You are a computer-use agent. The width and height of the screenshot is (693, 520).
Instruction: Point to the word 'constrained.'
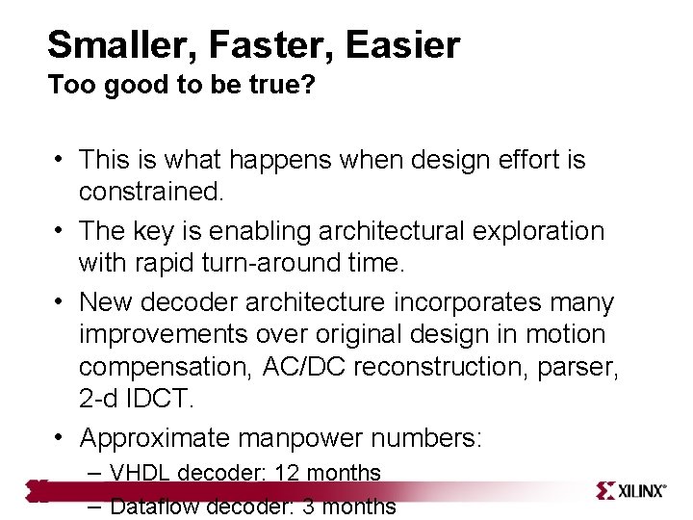pyautogui.click(x=151, y=192)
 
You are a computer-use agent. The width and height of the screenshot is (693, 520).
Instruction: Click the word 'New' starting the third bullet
pyautogui.click(x=107, y=302)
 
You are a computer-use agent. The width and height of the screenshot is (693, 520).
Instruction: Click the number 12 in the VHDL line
pyautogui.click(x=286, y=473)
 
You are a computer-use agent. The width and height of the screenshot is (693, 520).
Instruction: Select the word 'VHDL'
pyautogui.click(x=141, y=473)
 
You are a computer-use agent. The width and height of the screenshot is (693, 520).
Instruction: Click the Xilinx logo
pyautogui.click(x=631, y=490)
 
